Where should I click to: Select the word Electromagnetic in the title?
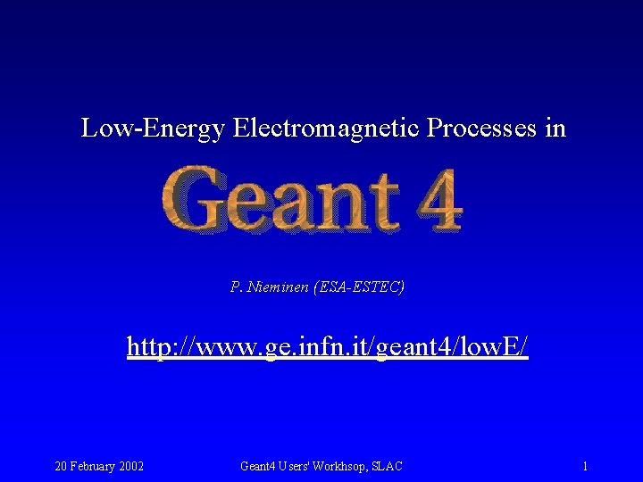[326, 129]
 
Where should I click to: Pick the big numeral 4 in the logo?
[437, 200]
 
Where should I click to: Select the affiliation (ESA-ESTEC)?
[359, 287]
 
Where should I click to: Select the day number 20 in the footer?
[62, 466]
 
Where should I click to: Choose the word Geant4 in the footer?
[259, 466]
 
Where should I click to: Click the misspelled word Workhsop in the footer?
[340, 466]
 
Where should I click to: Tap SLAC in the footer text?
[388, 466]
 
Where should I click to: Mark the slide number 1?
[584, 466]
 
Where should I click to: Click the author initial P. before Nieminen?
[236, 287]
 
